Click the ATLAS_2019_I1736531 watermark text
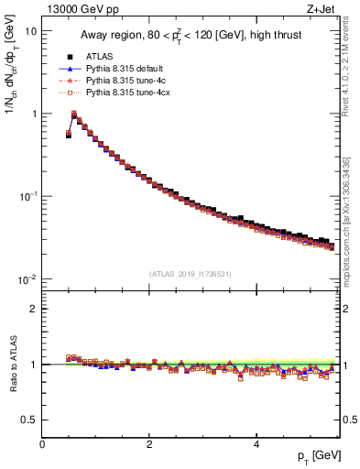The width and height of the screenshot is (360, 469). click(x=191, y=274)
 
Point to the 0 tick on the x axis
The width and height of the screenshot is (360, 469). click(x=42, y=444)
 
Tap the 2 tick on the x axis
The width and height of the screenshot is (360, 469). click(x=148, y=444)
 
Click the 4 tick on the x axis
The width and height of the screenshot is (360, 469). click(x=256, y=444)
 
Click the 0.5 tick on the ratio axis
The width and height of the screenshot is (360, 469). click(x=29, y=420)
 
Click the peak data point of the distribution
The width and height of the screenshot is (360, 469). click(x=74, y=115)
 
